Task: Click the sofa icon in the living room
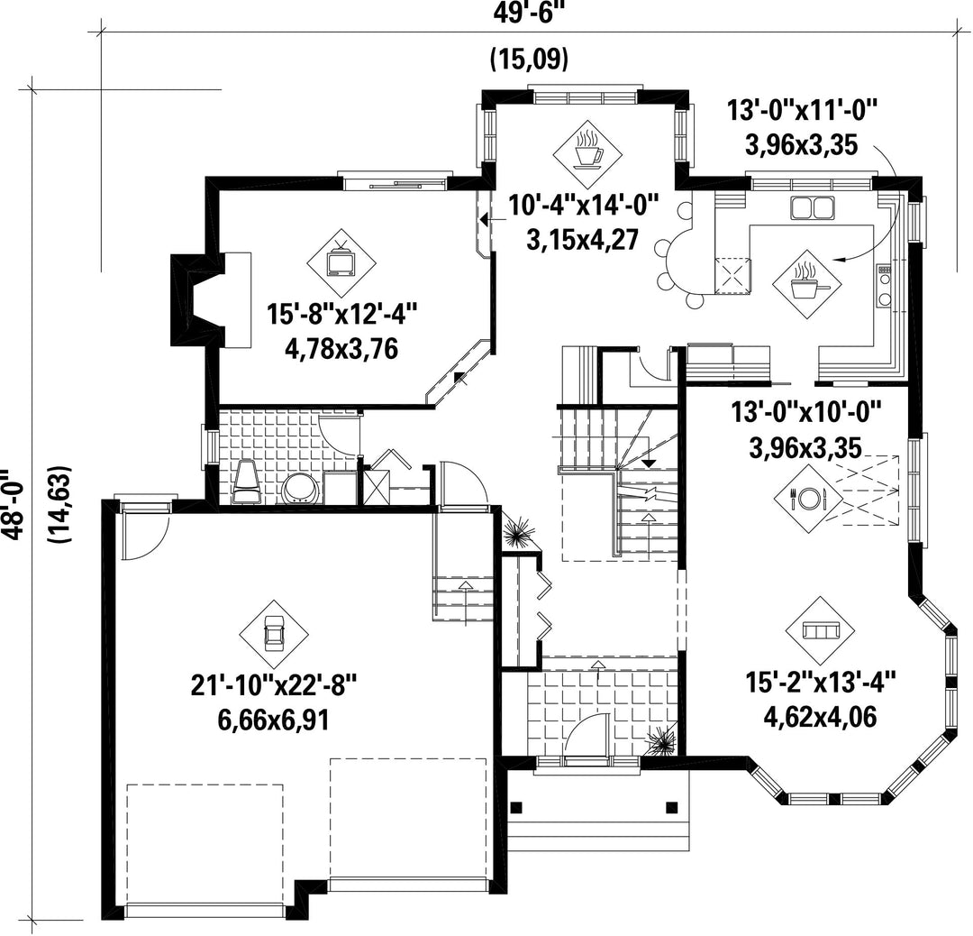pos(820,631)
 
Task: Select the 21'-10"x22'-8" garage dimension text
pos(274,686)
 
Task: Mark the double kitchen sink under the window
pos(813,207)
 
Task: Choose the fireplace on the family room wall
pos(197,299)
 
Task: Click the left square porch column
pos(515,807)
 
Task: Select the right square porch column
pos(671,807)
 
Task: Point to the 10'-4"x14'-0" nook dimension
pos(583,205)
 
